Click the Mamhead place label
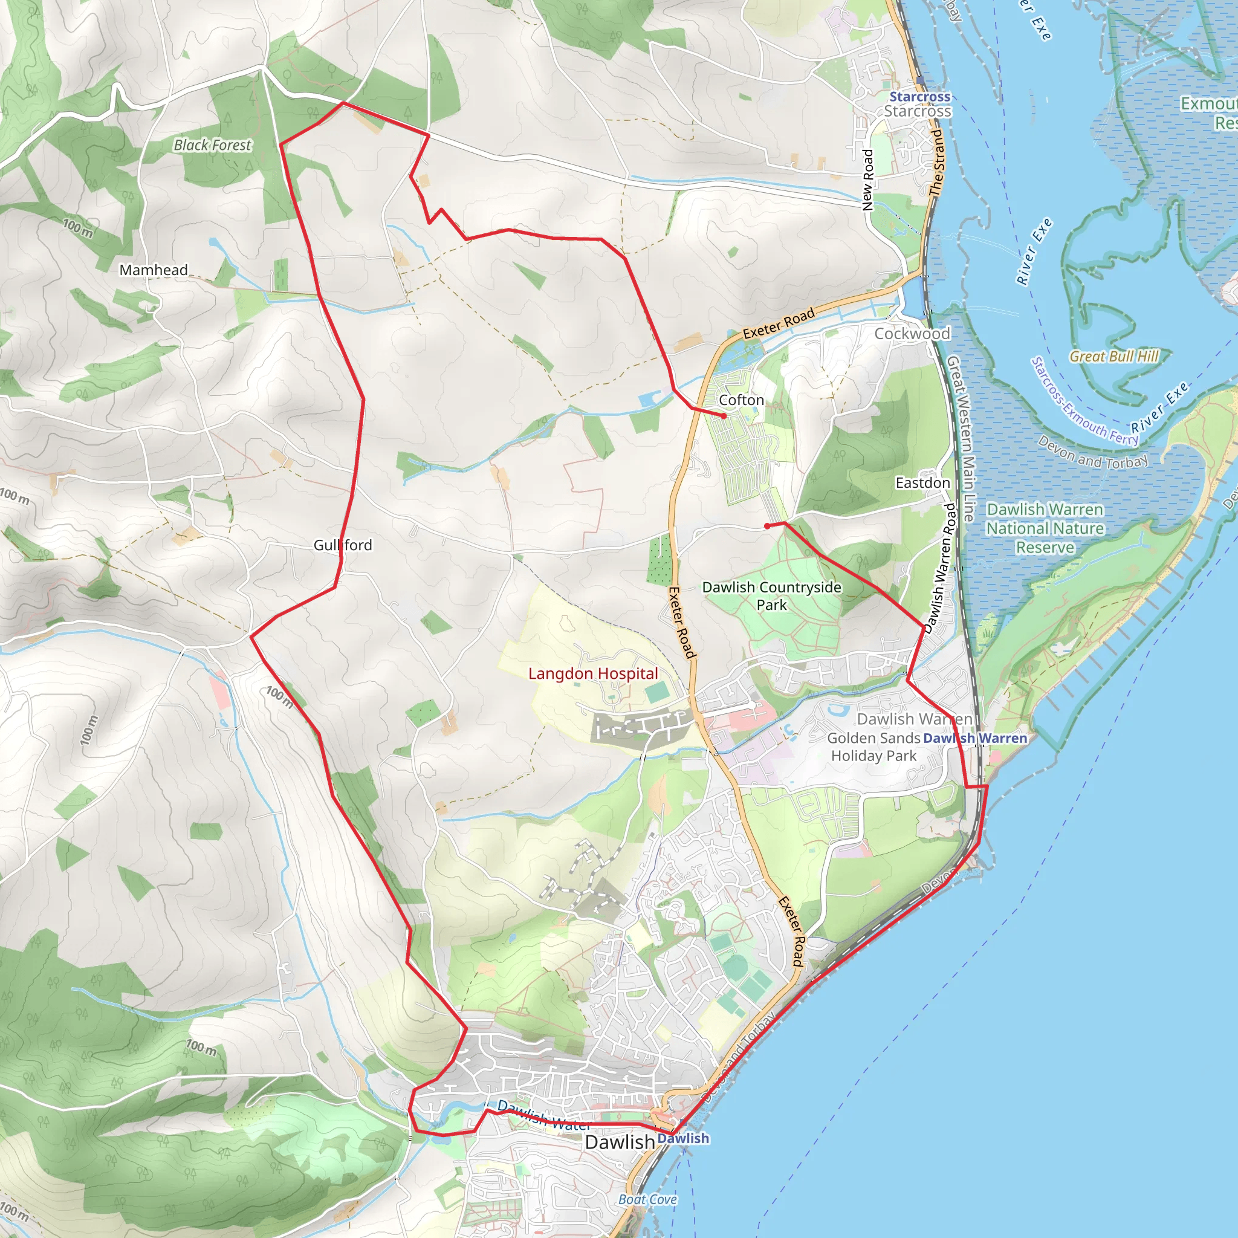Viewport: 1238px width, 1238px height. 154,270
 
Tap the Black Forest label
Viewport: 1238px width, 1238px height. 212,146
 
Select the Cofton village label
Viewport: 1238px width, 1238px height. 741,400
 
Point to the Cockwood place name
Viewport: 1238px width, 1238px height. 912,333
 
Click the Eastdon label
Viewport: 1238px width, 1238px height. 922,482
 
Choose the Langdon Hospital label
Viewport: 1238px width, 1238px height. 593,673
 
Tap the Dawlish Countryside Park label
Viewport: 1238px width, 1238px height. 771,596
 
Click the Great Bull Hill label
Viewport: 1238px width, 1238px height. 1114,356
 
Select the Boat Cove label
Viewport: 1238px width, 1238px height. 648,1199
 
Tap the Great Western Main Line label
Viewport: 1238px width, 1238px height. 961,439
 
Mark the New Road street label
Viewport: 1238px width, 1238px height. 868,180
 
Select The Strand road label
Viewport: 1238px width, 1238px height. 937,163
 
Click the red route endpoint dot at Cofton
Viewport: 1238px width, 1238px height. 724,416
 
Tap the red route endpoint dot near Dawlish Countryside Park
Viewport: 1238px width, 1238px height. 767,526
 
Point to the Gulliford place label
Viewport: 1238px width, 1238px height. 342,545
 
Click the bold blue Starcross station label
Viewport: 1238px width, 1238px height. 919,97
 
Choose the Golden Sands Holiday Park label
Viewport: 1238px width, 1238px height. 873,747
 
